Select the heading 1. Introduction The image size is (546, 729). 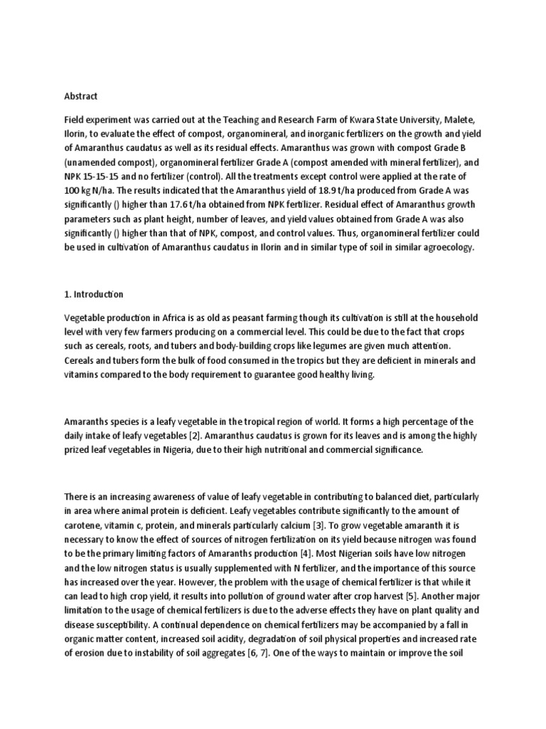[94, 294]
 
